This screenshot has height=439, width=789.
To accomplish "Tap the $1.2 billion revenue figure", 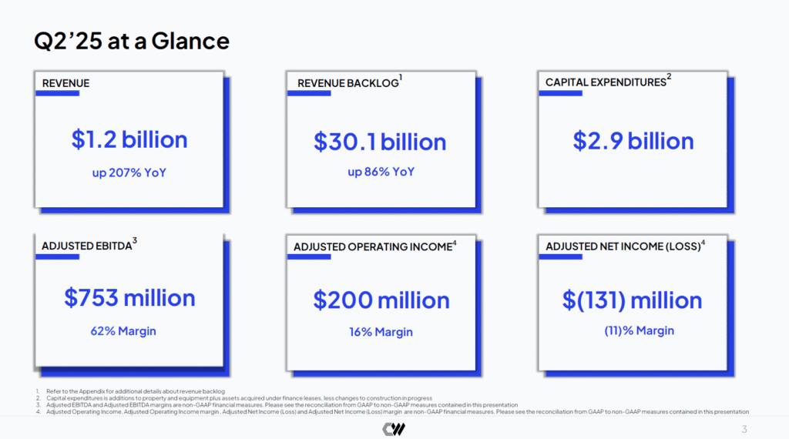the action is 129,139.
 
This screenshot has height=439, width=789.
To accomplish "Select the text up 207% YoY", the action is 129,173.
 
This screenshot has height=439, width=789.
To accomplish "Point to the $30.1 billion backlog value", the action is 380,142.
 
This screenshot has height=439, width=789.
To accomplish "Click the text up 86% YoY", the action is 381,172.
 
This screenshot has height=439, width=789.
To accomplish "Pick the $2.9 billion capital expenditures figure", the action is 633,141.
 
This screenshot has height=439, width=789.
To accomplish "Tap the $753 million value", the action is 129,298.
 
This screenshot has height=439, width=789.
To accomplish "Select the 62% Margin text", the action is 123,331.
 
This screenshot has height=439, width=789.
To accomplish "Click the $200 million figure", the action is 381,300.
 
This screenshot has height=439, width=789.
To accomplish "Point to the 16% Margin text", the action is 381,332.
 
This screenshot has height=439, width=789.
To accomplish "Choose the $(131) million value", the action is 632,300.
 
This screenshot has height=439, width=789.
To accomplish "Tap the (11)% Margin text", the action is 639,331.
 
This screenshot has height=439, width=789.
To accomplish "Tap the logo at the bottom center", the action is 394,429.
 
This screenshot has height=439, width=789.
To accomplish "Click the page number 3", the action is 744,430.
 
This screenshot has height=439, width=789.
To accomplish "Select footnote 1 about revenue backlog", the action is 131,391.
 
